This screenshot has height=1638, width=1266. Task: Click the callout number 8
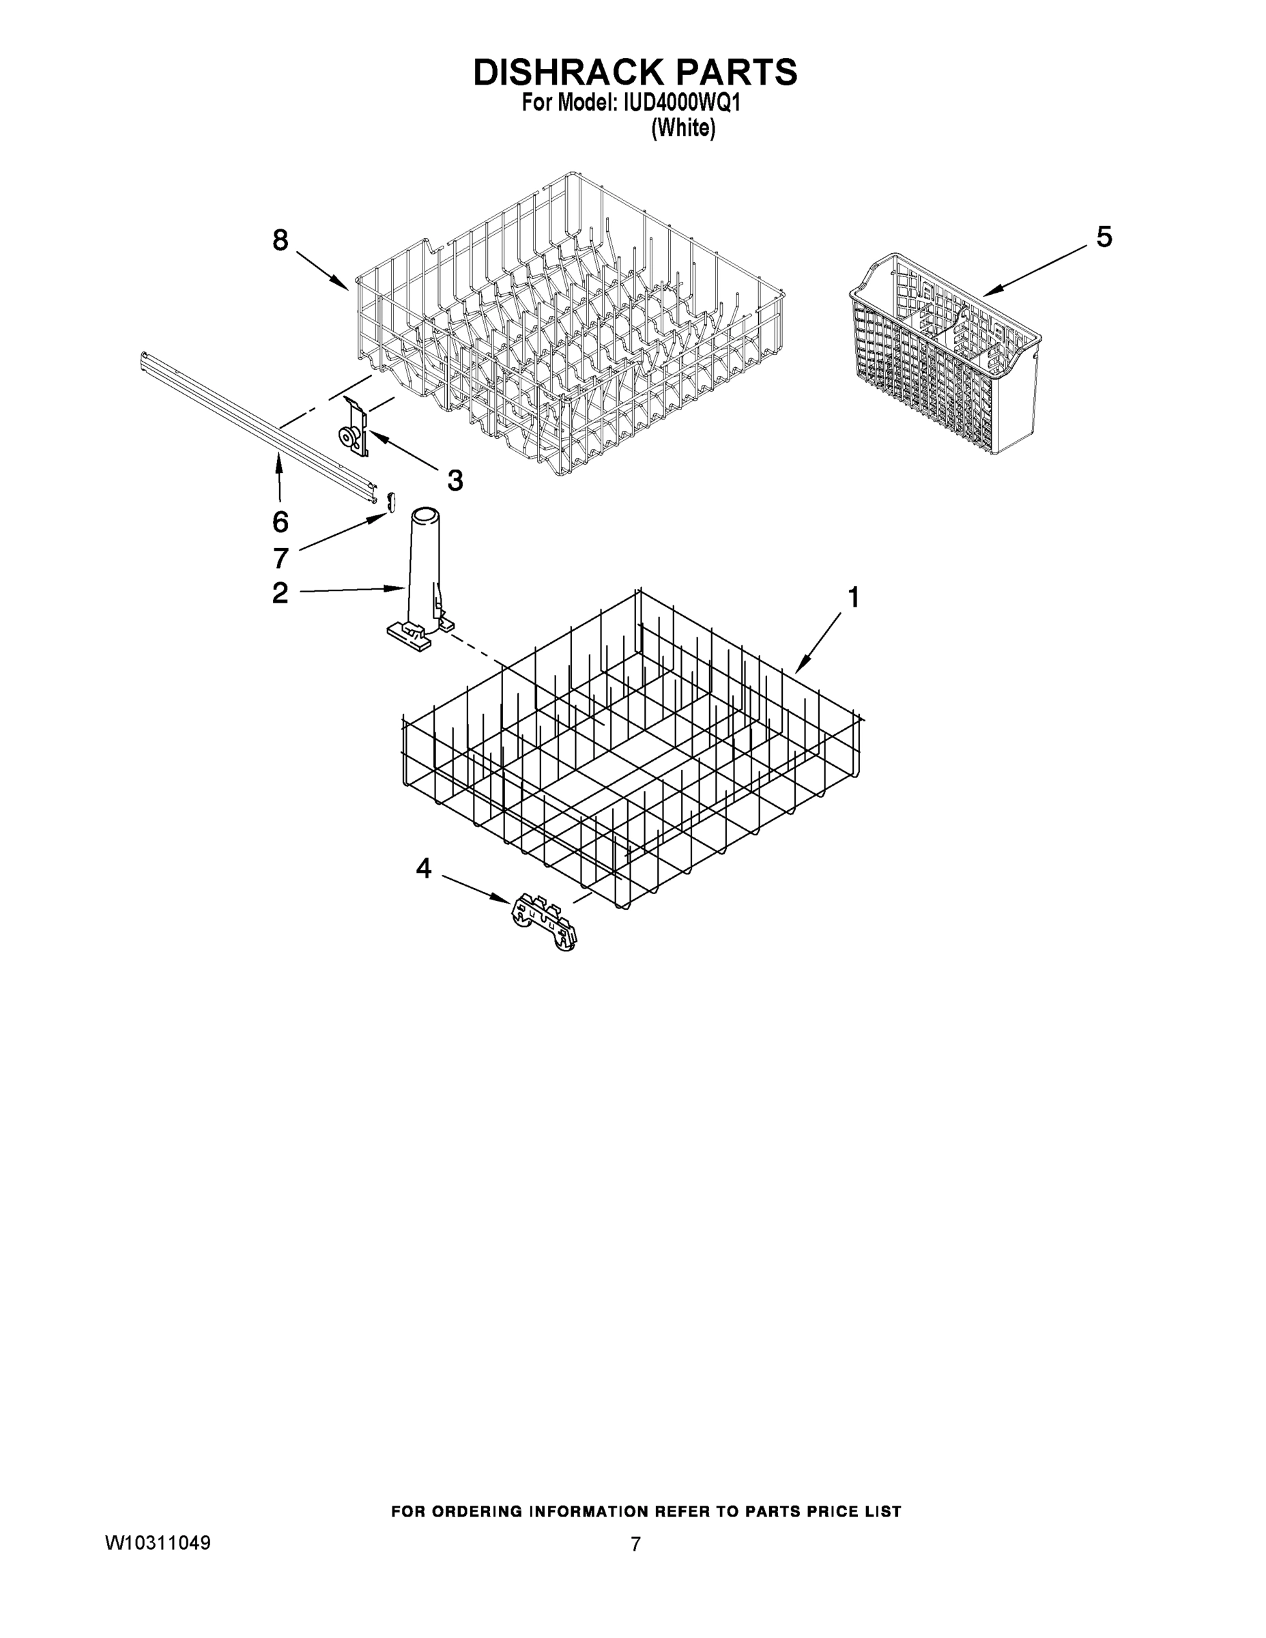click(x=280, y=241)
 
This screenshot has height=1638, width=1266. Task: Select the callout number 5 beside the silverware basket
click(x=1104, y=237)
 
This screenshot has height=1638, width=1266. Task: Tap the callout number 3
click(x=455, y=480)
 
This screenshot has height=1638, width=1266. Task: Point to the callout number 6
click(x=280, y=521)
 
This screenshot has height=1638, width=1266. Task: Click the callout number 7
click(x=280, y=558)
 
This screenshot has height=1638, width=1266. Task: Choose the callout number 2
click(x=280, y=593)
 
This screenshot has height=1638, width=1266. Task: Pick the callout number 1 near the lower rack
click(x=852, y=598)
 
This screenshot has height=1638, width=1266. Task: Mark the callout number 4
click(x=424, y=869)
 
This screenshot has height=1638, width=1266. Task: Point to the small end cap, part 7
click(x=390, y=502)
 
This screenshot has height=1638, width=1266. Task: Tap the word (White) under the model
click(x=682, y=128)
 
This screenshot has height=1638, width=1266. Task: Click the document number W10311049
click(x=158, y=1542)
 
